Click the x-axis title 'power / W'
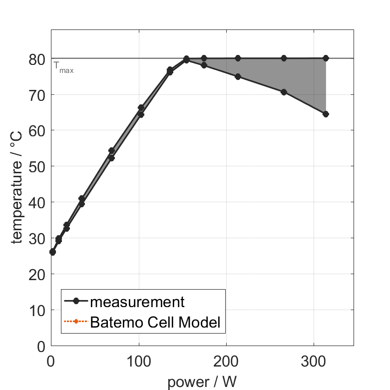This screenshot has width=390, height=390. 202,383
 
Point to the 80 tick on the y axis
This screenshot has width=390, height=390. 37,59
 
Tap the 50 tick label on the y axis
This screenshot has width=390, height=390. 37,166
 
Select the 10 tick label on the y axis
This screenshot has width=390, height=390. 37,311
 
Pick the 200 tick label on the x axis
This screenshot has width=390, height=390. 226,361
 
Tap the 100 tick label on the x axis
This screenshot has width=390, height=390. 139,361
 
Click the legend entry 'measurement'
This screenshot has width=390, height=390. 137,302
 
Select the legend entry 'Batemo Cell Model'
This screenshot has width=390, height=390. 155,322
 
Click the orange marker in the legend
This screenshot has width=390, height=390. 76,321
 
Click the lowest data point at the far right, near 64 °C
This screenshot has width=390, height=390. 326,114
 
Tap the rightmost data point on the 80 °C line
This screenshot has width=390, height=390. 326,58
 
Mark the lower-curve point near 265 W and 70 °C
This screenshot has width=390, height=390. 284,92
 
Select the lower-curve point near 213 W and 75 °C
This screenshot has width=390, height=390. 238,76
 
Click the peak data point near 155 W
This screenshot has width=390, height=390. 186,59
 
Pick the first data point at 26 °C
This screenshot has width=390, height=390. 52,252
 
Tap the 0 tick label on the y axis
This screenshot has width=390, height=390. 41,347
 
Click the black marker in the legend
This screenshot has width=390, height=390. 76,301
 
